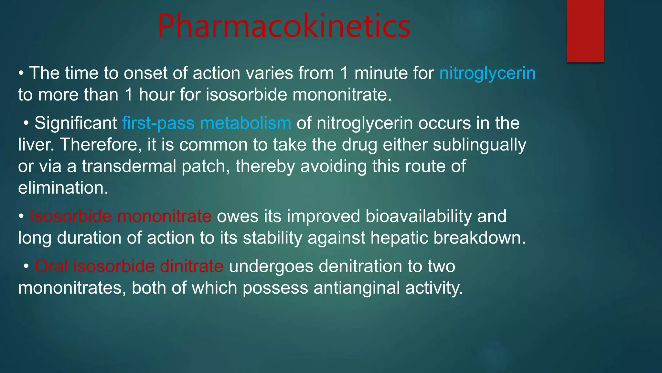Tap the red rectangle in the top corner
585,31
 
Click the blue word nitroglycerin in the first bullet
487,73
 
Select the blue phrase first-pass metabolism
207,123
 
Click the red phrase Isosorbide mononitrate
120,216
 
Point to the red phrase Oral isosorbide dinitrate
129,266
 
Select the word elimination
63,188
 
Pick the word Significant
76,123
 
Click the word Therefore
101,145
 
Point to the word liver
36,145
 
